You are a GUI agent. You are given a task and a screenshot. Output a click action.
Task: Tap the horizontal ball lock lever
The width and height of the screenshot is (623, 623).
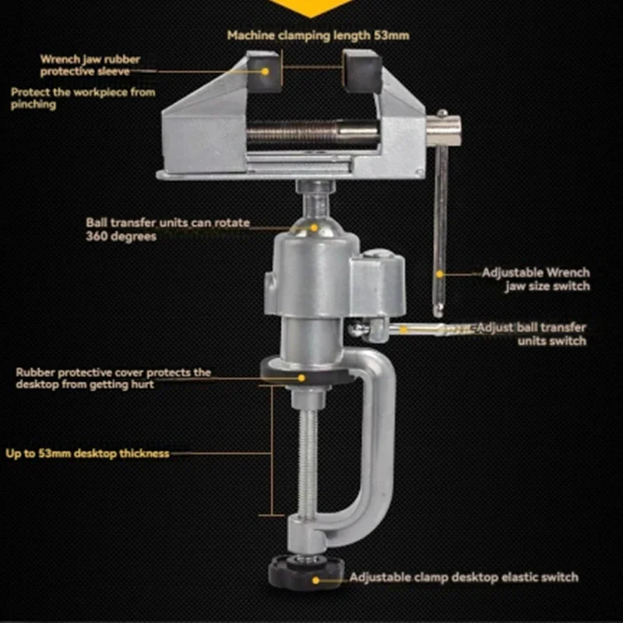[413, 329]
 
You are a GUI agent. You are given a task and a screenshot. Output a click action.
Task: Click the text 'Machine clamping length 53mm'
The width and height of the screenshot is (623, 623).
[318, 35]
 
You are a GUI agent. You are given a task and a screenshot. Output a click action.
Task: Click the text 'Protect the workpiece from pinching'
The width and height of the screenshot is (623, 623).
[83, 98]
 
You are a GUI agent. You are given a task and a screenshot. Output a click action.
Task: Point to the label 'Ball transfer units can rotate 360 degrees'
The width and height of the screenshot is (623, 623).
[167, 229]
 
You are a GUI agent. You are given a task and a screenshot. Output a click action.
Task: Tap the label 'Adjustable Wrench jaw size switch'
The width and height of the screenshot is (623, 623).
[535, 280]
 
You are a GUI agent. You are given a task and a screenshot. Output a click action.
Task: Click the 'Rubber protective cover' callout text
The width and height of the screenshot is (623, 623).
[113, 378]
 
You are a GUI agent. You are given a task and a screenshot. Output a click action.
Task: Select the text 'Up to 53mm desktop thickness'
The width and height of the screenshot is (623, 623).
[87, 453]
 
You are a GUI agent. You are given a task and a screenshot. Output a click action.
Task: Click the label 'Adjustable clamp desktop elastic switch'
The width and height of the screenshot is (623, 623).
[463, 578]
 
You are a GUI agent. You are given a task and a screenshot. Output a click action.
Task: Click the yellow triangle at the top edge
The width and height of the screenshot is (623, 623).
[311, 6]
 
